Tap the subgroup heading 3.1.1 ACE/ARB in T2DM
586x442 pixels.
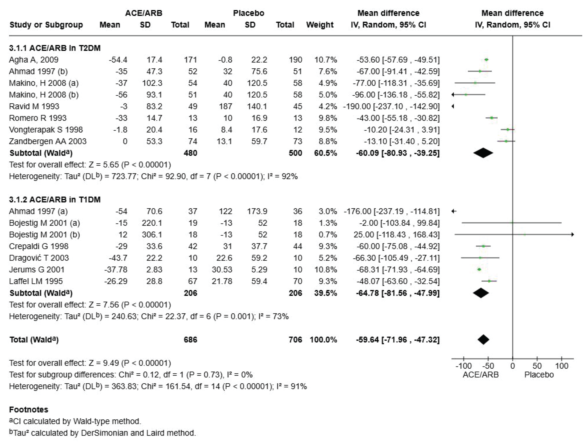pyautogui.click(x=55, y=48)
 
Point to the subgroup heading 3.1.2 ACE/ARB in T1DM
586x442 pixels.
pyautogui.click(x=55, y=199)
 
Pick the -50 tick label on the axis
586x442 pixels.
pyautogui.click(x=488, y=366)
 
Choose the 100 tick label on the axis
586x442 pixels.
pyautogui.click(x=561, y=366)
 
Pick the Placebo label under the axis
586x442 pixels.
pyautogui.click(x=539, y=375)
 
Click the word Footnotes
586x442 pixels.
pyautogui.click(x=29, y=409)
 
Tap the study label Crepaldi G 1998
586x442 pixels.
pyautogui.click(x=39, y=246)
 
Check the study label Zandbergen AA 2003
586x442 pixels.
pyautogui.click(x=48, y=141)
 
